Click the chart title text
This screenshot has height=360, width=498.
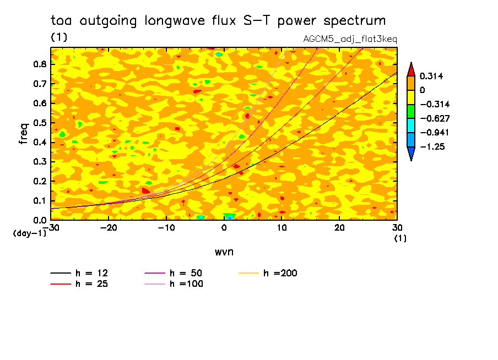(x=218, y=21)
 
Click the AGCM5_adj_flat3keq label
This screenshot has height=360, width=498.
(x=350, y=39)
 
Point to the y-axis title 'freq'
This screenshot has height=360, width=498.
(x=24, y=134)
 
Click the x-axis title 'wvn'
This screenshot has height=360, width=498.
(x=224, y=252)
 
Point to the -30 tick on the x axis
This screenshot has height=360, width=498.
(x=51, y=227)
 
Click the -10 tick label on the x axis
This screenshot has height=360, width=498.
(x=166, y=227)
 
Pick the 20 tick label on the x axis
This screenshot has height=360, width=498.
(x=339, y=227)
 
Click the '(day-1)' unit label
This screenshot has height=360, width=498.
(x=30, y=234)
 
